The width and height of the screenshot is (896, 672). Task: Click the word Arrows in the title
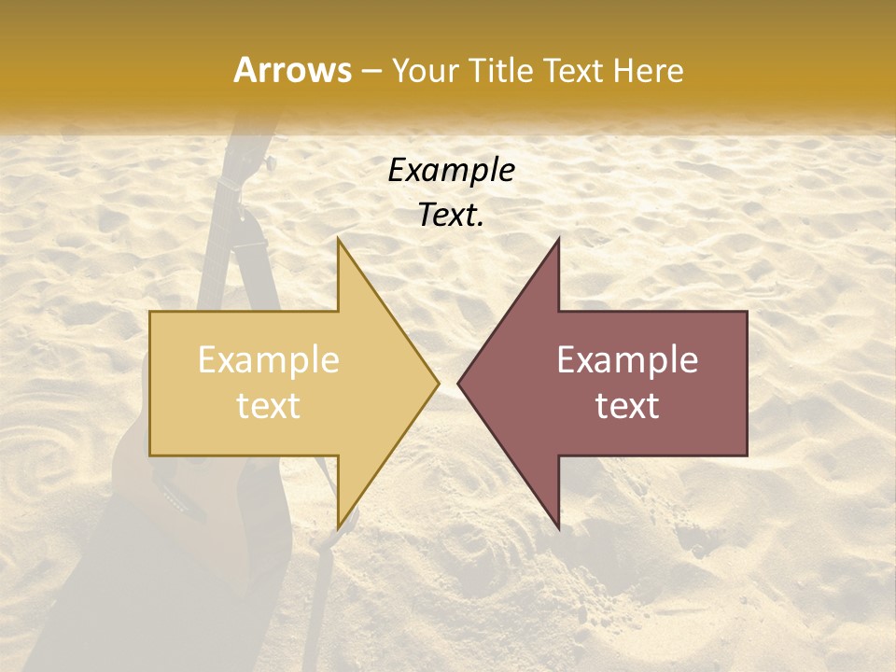292,70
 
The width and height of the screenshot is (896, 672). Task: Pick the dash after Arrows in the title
370,72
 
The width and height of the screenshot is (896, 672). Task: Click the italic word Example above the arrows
452,171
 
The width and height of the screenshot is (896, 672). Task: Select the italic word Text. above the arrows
452,215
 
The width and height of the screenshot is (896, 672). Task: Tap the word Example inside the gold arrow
269,360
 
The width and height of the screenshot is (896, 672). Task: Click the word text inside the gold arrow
269,405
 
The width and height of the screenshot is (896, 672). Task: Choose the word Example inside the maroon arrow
627,360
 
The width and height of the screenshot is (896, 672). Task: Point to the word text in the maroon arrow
627,405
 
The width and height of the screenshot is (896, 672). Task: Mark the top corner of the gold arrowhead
339,240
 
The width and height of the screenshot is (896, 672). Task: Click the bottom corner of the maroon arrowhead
558,527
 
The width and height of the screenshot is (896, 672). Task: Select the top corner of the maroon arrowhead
558,240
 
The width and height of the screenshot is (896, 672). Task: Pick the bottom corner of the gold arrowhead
339,527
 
